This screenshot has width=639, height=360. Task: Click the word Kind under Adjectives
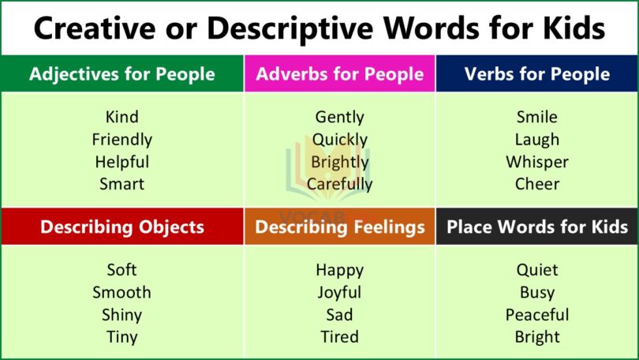121,117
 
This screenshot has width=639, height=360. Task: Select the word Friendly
121,140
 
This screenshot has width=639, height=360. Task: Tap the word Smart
121,184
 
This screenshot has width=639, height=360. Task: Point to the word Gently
339,117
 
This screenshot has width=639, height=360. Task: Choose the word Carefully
339,184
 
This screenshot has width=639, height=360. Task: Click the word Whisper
536,162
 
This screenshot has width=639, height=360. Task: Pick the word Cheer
536,184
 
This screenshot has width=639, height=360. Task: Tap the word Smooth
121,292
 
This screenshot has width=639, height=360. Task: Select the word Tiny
121,337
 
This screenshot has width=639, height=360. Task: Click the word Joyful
339,292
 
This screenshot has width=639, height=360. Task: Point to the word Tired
339,337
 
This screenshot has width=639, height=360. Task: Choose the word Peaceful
536,314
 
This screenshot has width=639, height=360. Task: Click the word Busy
536,292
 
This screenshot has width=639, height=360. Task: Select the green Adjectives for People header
121,74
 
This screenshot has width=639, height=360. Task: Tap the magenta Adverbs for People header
339,74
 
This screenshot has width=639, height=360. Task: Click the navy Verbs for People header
536,74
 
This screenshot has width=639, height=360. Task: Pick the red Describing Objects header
121,227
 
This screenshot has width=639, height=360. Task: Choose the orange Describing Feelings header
339,227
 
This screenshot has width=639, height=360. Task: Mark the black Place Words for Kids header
536,227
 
